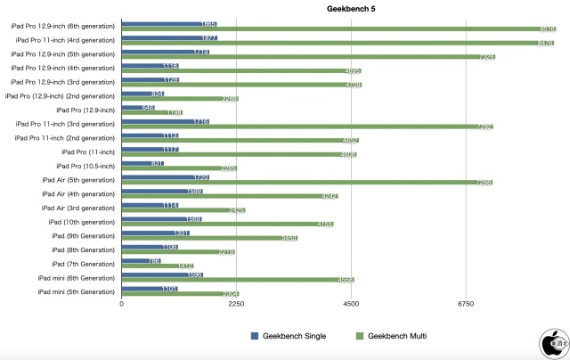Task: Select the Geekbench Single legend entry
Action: (288, 336)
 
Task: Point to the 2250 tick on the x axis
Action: (236, 305)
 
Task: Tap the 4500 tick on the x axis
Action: (351, 305)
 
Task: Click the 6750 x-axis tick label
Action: (466, 305)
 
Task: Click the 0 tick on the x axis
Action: (122, 305)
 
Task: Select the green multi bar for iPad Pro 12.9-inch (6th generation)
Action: (338, 29)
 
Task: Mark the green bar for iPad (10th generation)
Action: (227, 224)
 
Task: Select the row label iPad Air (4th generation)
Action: (78, 194)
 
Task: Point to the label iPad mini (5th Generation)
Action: (77, 291)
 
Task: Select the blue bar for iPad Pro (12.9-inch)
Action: (138, 108)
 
